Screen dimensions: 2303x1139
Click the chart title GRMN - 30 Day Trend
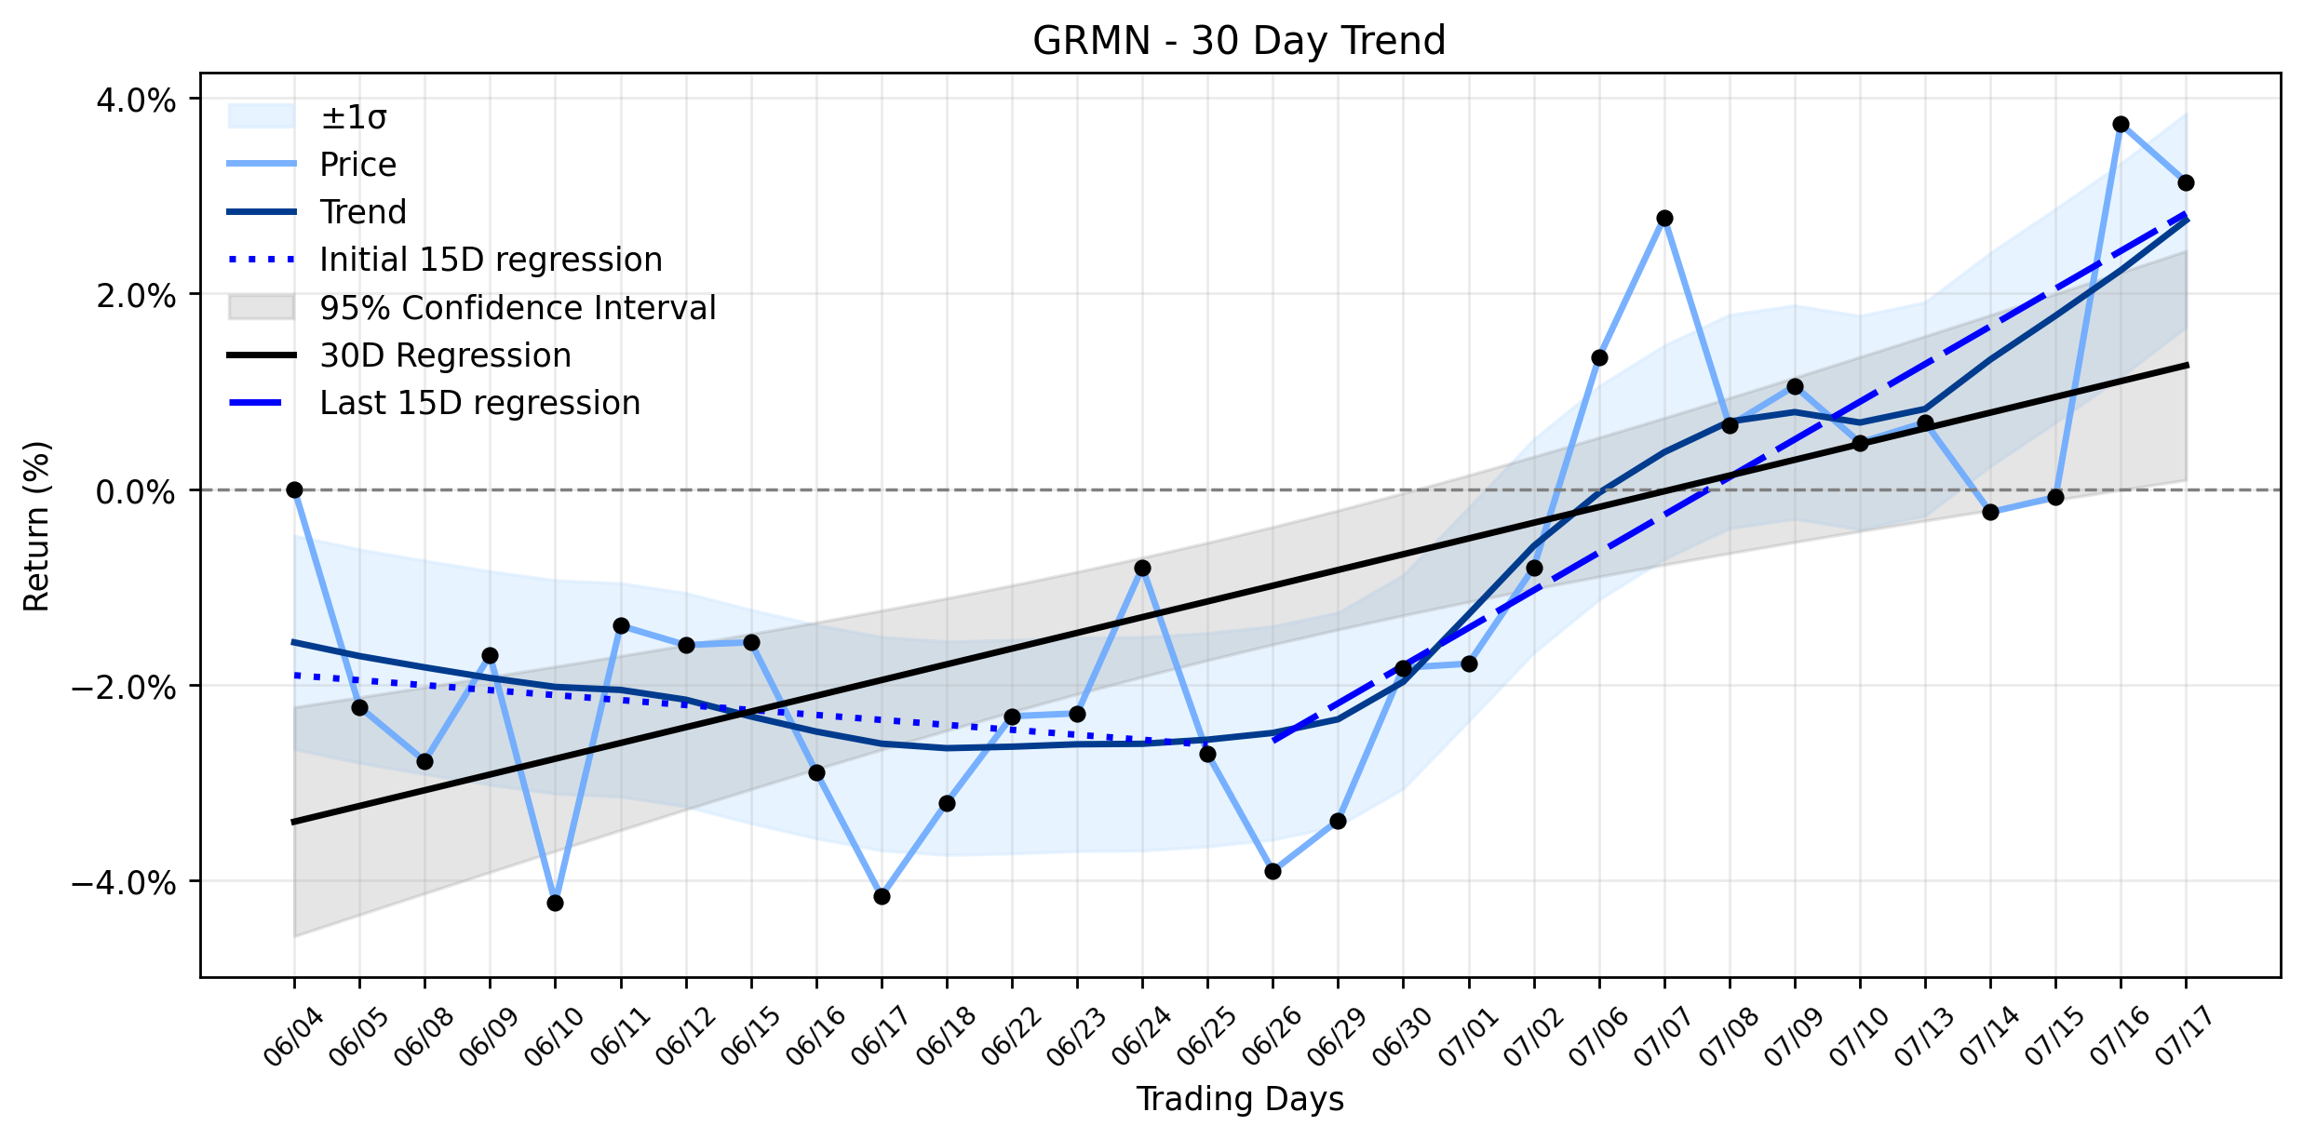pos(1239,41)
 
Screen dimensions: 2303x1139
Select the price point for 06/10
pos(555,903)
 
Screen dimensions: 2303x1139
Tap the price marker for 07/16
pos(2121,124)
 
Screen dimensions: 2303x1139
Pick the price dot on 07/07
pos(1664,218)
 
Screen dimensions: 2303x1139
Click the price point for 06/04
pos(294,489)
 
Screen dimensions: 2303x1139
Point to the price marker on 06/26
pos(1273,871)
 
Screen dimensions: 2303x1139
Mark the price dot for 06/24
pos(1142,568)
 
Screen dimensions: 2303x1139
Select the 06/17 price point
pos(882,896)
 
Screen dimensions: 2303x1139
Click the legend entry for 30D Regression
pos(399,355)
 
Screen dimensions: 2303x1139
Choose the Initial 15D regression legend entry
pos(445,260)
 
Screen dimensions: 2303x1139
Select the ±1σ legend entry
pos(307,117)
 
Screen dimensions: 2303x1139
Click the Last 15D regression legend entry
pos(434,403)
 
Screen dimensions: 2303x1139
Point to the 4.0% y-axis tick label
pos(136,100)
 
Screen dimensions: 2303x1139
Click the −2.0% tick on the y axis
pos(124,687)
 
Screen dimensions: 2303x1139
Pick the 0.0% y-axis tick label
pos(136,491)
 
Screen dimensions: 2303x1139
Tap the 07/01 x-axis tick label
pos(1470,1037)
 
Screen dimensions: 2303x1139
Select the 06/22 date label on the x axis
pos(1013,1037)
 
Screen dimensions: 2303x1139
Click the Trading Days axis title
pos(1240,1099)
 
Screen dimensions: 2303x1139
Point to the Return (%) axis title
pos(36,526)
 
